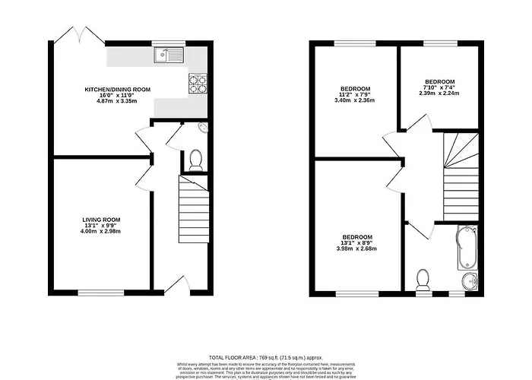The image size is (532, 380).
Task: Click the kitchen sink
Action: click(x=168, y=54)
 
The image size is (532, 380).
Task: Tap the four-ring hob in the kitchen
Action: click(x=198, y=83)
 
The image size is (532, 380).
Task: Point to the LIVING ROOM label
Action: click(x=102, y=220)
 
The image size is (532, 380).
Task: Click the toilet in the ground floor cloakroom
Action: click(x=195, y=159)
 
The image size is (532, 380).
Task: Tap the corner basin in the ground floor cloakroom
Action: click(x=202, y=127)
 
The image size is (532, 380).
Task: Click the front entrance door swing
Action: click(x=176, y=285)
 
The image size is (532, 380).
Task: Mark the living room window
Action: click(x=102, y=293)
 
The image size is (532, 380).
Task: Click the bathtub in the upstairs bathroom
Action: click(x=466, y=248)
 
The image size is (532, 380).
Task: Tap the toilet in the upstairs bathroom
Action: click(x=423, y=279)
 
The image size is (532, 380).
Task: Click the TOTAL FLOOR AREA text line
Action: click(x=265, y=356)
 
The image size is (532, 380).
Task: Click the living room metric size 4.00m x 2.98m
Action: click(x=102, y=231)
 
